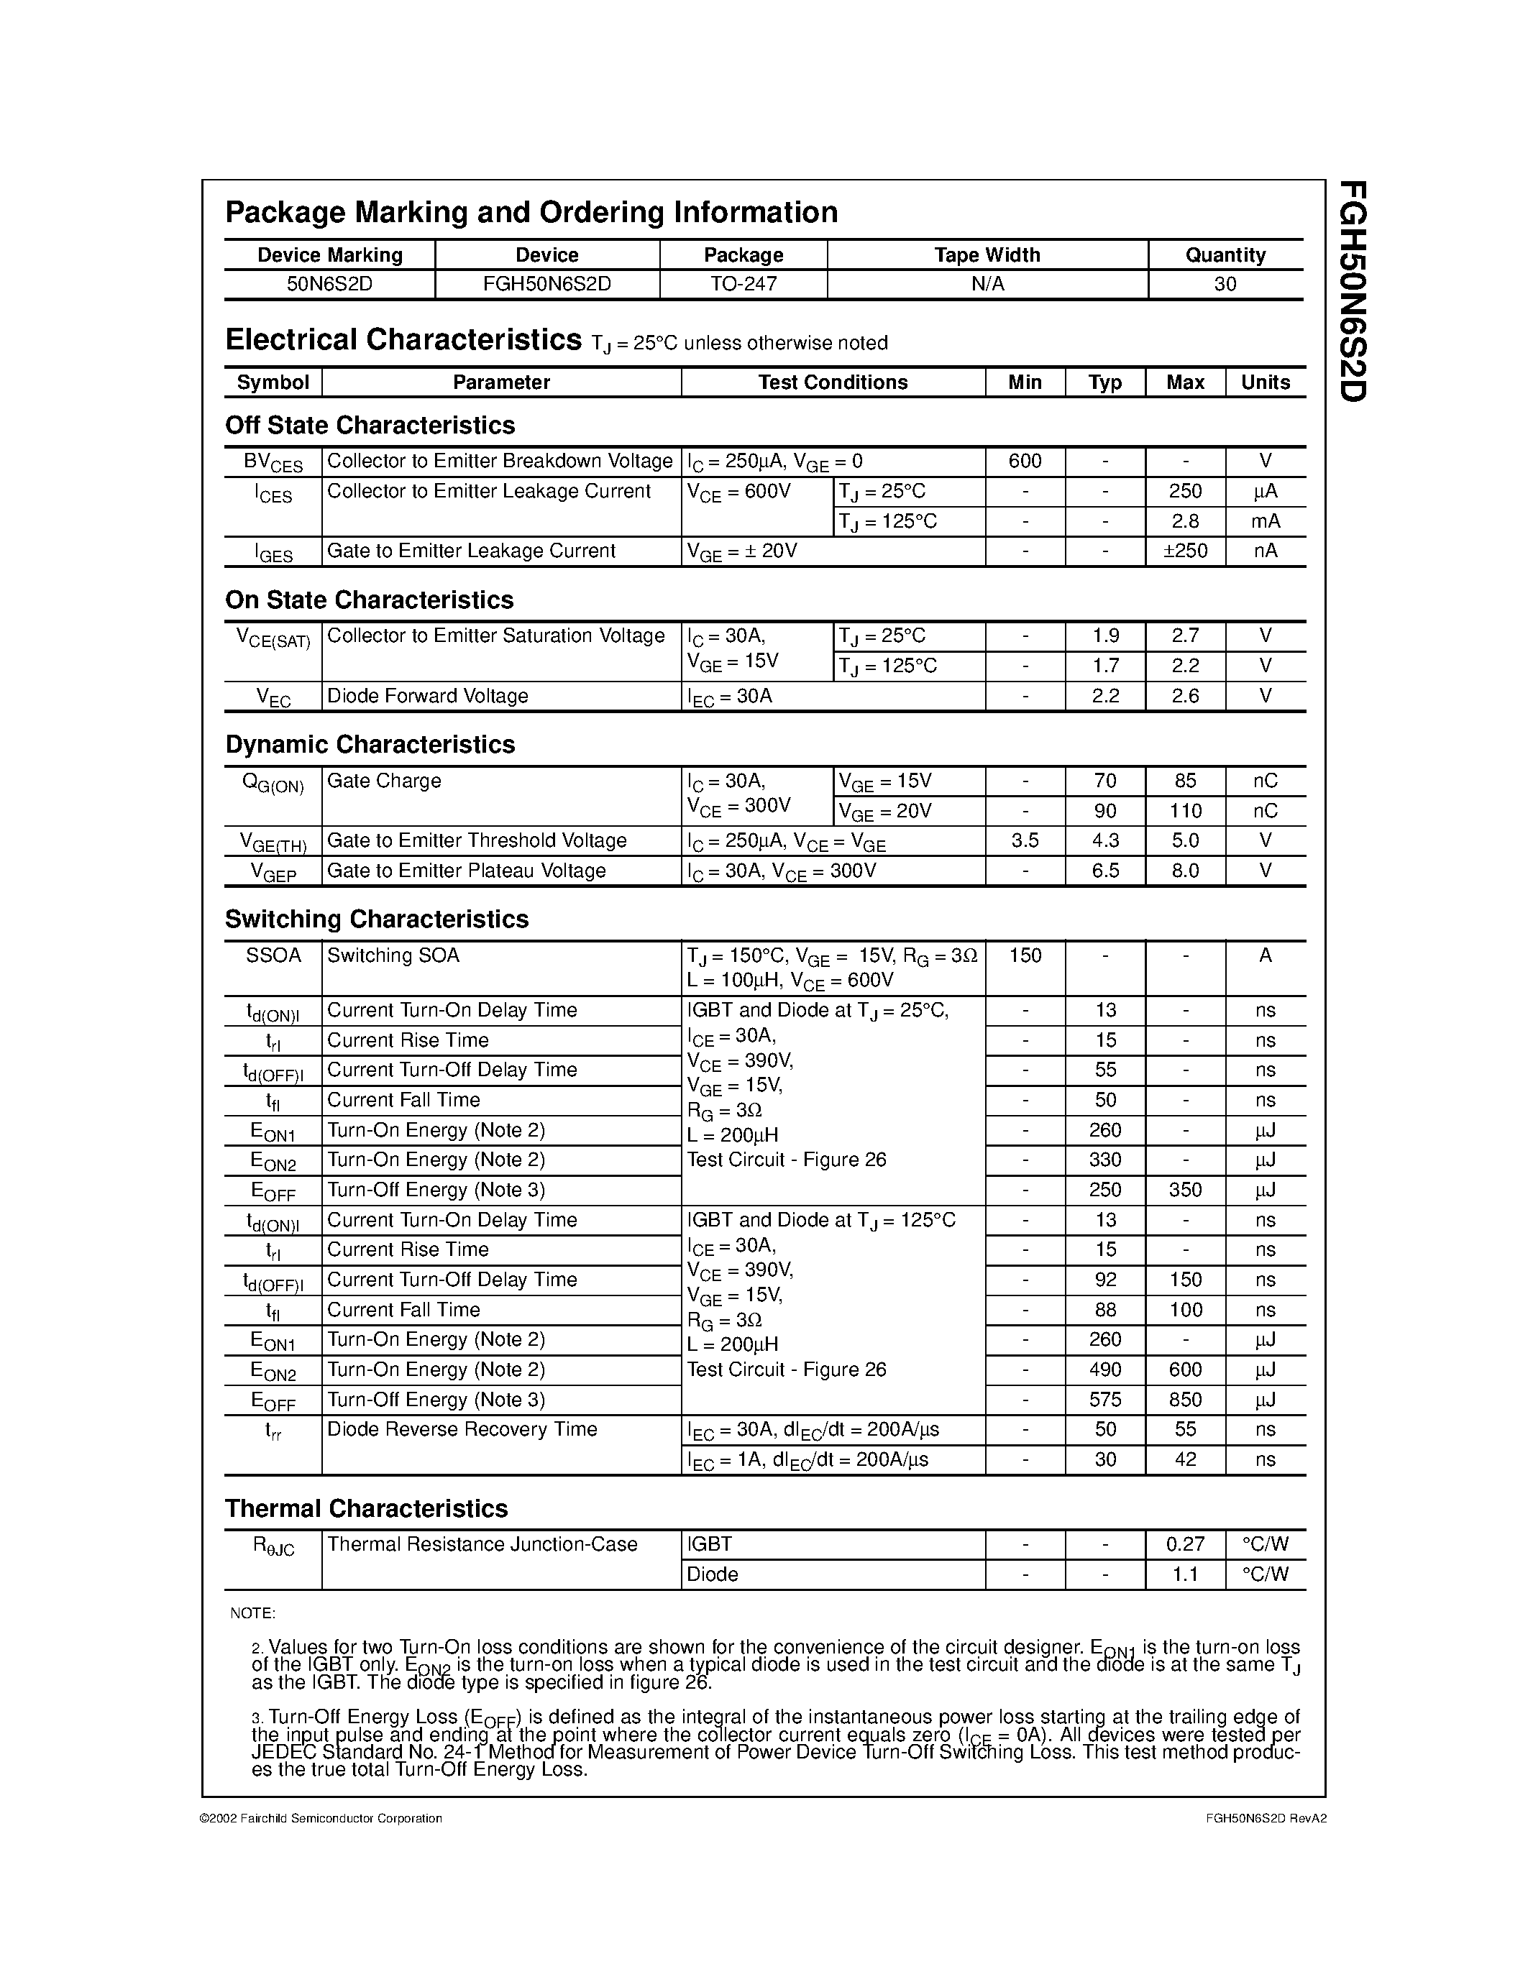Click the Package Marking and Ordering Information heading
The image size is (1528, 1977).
click(x=531, y=213)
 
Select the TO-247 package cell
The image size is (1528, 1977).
click(x=744, y=283)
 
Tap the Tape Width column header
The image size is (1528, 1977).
click(x=987, y=255)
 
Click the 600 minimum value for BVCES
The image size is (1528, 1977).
click(x=1025, y=462)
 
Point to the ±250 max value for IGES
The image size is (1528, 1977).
click(x=1185, y=551)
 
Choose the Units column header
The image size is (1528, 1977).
click(x=1265, y=382)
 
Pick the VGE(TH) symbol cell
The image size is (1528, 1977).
click(x=273, y=842)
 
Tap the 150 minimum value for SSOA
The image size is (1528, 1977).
click(x=1025, y=955)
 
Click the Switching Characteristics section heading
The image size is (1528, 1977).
click(x=377, y=919)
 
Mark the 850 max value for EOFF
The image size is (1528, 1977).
click(x=1185, y=1400)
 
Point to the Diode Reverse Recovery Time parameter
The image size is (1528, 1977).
click(x=462, y=1429)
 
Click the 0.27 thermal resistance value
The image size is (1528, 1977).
click(x=1185, y=1544)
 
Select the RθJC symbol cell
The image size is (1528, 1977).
click(x=273, y=1546)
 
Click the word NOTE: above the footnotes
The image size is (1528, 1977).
click(x=252, y=1613)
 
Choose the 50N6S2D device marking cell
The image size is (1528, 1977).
click(x=329, y=283)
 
